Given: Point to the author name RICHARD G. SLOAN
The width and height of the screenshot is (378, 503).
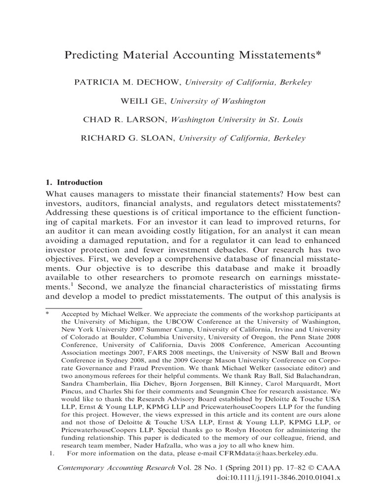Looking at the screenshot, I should click(x=127, y=139).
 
